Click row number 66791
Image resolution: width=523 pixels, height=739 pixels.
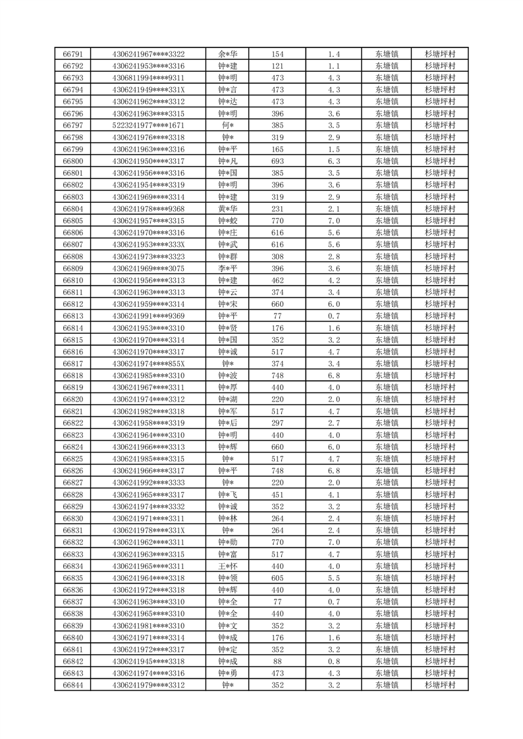click(72, 54)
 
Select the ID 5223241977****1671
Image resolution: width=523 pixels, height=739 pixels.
click(148, 125)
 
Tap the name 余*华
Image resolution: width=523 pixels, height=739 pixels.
click(228, 54)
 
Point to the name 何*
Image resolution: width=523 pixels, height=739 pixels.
click(228, 125)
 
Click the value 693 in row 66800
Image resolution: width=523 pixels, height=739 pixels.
click(277, 161)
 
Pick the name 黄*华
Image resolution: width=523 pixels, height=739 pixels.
click(228, 209)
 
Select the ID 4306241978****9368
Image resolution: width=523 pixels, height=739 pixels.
click(148, 209)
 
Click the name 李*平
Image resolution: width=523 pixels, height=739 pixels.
click(228, 269)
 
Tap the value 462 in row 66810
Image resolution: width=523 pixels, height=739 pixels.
click(277, 281)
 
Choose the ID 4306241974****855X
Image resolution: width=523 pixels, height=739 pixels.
click(148, 364)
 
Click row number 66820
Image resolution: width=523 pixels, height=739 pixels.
click(72, 399)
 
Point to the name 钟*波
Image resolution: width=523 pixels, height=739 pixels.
click(228, 375)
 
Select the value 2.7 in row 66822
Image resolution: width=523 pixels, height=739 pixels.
click(333, 423)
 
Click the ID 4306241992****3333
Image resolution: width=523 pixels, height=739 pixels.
click(148, 483)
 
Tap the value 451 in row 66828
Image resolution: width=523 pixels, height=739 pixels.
click(277, 495)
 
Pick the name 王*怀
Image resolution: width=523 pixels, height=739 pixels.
click(228, 566)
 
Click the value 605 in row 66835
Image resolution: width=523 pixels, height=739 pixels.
click(277, 578)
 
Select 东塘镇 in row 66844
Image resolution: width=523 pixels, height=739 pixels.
click(386, 685)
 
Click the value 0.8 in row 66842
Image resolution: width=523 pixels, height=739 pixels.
click(333, 661)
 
